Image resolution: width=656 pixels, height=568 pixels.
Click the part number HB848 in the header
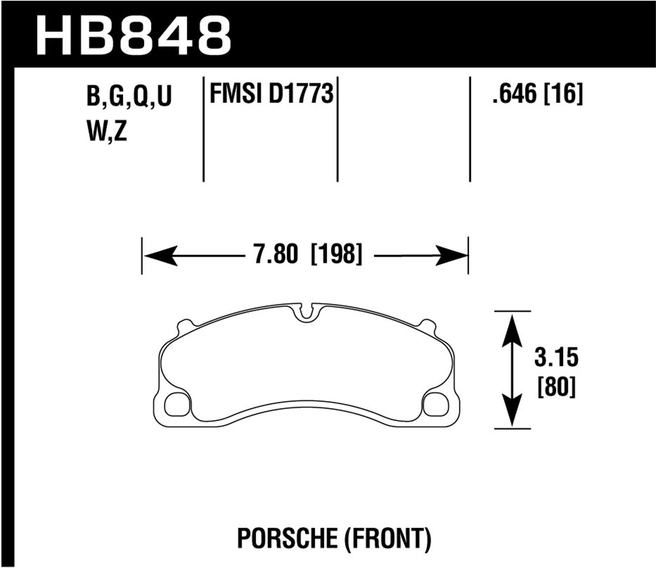point(133,35)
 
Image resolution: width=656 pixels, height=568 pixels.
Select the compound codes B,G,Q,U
point(129,96)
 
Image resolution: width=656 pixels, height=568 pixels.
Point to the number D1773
point(301,94)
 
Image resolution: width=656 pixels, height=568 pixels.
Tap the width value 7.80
point(276,255)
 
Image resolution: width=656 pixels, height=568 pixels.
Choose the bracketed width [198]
point(336,255)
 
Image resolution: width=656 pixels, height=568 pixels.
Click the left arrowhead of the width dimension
point(160,256)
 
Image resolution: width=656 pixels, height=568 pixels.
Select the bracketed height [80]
point(556,387)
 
